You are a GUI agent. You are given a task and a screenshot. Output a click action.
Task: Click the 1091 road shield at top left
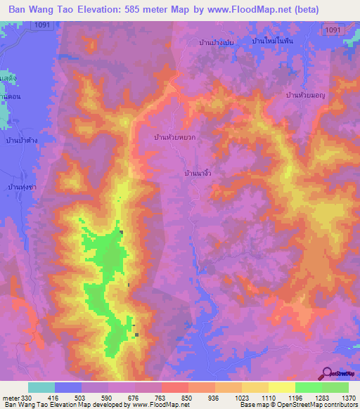pos(41,25)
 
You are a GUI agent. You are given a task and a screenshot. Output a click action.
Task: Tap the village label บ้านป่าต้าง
pos(21,141)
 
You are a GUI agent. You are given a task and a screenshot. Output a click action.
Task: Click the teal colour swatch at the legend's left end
pos(41,387)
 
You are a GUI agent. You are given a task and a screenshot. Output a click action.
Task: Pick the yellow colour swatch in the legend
pos(282,387)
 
